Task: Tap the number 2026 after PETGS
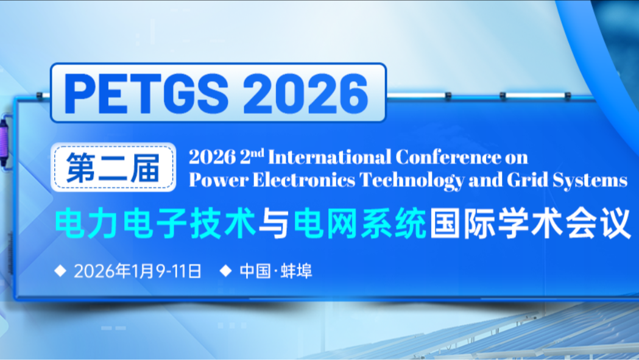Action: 309,93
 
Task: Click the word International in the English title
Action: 330,157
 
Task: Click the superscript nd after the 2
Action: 258,153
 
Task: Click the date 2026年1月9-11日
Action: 137,270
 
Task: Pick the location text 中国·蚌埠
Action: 276,270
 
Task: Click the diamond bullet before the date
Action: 60,270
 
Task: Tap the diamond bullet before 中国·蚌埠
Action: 226,270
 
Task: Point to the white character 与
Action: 274,224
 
